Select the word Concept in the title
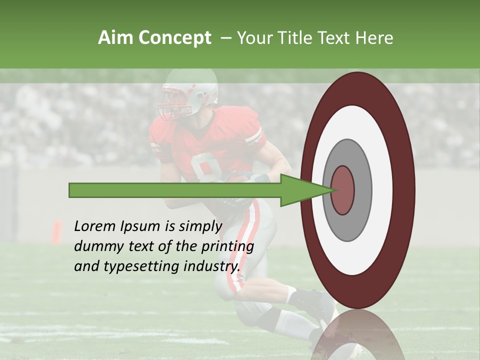click(x=174, y=38)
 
